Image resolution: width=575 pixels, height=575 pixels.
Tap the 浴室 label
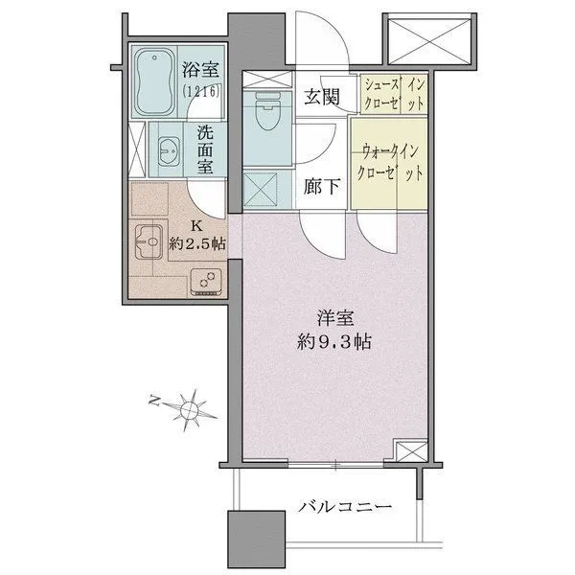200,70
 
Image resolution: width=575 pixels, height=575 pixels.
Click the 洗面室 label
205,149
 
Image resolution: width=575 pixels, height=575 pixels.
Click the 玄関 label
320,97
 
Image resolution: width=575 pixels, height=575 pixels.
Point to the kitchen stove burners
205,280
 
